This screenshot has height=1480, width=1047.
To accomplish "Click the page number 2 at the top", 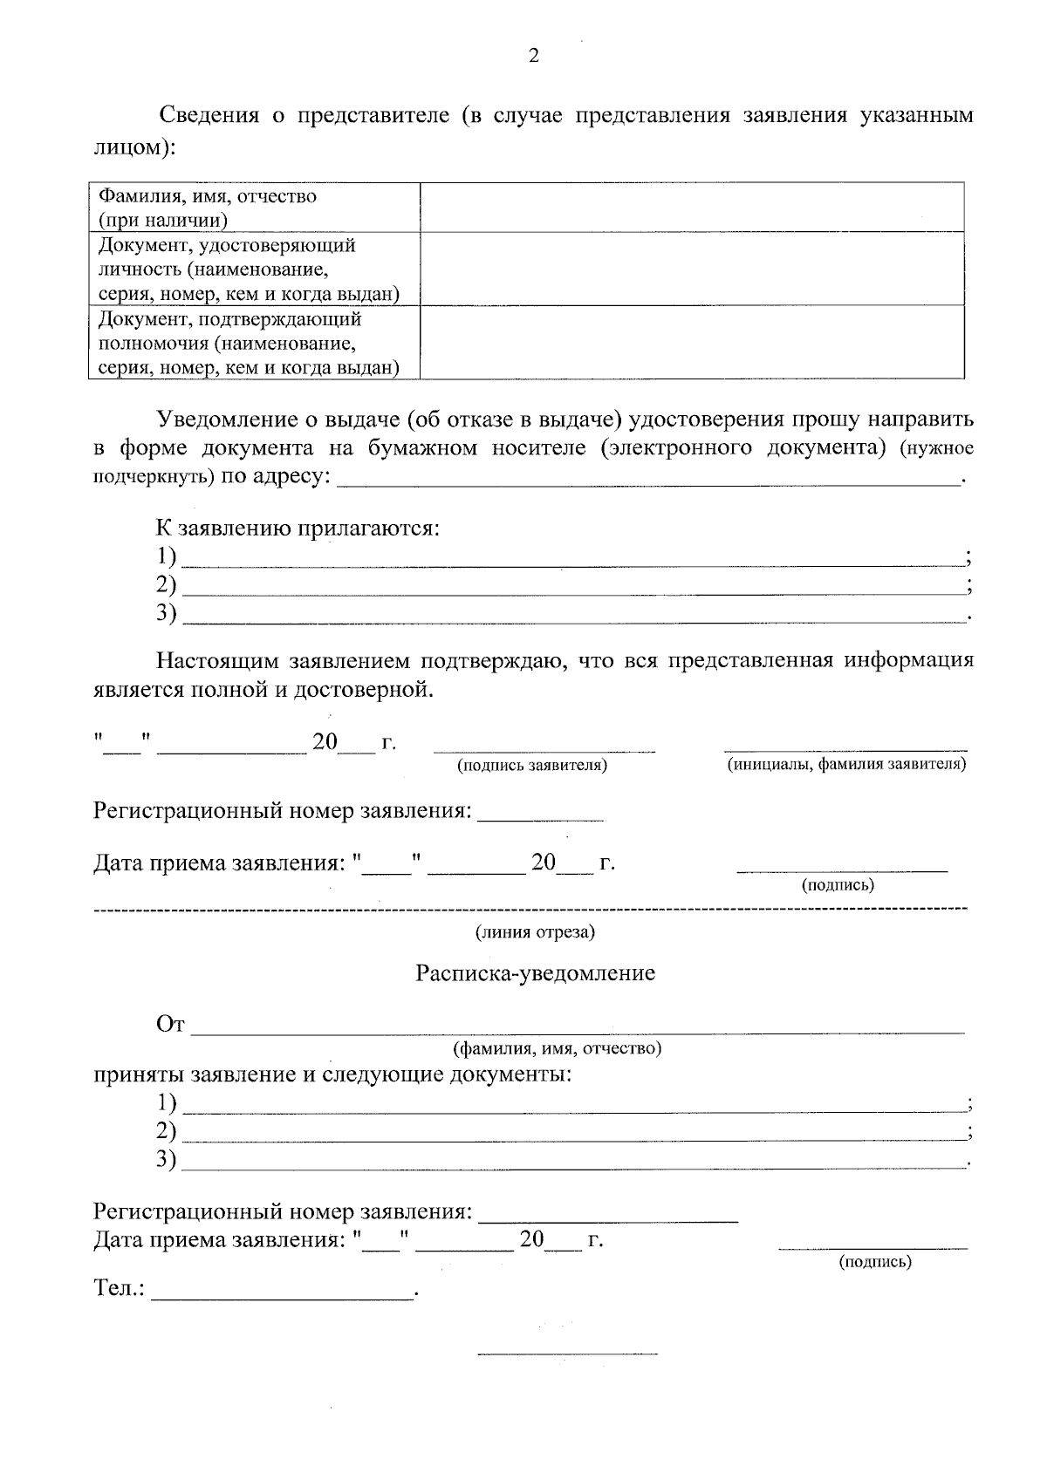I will click(534, 57).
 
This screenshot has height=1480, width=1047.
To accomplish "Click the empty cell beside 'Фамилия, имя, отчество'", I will click(692, 208).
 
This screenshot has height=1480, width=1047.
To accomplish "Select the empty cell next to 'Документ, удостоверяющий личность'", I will click(692, 269).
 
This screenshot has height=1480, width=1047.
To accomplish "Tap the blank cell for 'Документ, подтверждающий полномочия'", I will click(692, 342).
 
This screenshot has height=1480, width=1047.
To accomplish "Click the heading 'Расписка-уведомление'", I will click(535, 973).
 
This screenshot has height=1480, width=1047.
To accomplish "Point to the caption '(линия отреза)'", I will click(535, 932).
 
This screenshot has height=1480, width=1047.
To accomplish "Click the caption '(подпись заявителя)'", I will click(532, 765).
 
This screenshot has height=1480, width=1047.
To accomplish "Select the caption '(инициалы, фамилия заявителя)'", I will click(846, 765).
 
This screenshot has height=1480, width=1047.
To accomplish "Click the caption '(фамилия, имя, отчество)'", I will click(556, 1047).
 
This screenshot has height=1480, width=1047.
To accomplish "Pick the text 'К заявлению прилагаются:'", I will click(297, 529).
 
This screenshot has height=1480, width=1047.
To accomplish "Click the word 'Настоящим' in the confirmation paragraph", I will click(216, 660).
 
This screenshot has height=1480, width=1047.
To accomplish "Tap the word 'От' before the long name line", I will click(170, 1025).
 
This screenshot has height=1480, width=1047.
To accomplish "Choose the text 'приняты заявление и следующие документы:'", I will click(332, 1074).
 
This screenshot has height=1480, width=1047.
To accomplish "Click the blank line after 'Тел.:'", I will click(284, 1295).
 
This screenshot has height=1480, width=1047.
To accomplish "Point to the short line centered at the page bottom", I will click(567, 1354).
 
